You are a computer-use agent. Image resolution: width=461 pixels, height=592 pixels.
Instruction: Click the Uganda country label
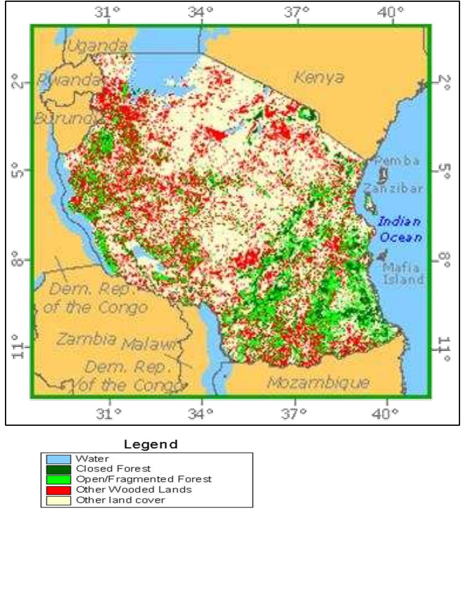(x=97, y=46)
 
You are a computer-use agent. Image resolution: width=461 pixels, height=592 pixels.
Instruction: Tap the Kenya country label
(x=319, y=77)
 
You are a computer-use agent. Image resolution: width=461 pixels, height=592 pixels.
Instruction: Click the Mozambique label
(x=318, y=383)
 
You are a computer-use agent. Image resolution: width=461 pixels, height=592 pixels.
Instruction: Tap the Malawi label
(x=150, y=344)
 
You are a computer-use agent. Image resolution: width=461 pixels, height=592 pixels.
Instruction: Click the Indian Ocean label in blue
(x=400, y=229)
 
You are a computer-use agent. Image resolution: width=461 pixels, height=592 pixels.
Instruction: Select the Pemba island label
(x=397, y=161)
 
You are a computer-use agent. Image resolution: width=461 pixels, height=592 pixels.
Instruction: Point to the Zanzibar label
(x=393, y=188)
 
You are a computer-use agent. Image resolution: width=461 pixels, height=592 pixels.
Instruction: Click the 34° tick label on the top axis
(x=201, y=12)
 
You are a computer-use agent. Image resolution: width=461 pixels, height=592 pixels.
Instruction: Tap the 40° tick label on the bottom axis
(x=385, y=413)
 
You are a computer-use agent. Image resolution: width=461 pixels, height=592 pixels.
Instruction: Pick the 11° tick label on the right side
(x=444, y=349)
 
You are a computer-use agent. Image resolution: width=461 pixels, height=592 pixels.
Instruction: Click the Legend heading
(x=151, y=444)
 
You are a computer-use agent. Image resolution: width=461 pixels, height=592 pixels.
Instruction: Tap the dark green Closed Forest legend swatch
(x=59, y=469)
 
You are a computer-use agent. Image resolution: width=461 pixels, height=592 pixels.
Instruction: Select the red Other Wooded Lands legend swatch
(x=59, y=490)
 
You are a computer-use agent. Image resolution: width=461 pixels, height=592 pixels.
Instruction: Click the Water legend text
(x=92, y=459)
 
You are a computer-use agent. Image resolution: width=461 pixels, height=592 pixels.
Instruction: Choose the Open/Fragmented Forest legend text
(x=144, y=479)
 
